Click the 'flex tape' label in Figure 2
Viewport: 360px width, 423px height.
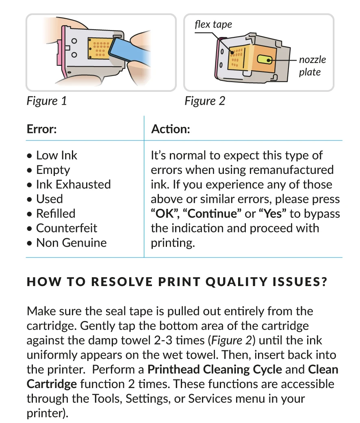213,24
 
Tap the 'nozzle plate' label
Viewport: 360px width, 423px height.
312,66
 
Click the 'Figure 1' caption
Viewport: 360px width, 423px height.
46,101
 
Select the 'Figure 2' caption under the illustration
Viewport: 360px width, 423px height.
204,101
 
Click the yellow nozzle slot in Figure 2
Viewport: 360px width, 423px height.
265,60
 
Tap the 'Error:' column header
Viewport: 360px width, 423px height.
41,129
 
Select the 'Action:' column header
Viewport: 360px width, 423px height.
170,129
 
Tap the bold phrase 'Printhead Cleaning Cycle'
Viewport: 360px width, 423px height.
215,369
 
